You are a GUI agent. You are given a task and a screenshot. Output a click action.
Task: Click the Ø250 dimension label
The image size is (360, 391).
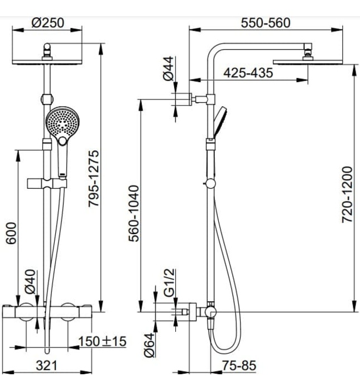[x=49, y=23]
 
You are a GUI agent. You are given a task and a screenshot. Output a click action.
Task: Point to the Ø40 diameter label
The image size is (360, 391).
[x=30, y=282]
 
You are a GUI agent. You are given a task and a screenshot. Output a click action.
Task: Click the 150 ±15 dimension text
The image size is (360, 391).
[x=102, y=341]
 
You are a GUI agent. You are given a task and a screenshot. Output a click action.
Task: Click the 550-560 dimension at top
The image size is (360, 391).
[x=265, y=23]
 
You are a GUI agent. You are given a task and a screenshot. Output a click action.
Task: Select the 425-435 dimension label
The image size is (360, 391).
[x=248, y=73]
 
